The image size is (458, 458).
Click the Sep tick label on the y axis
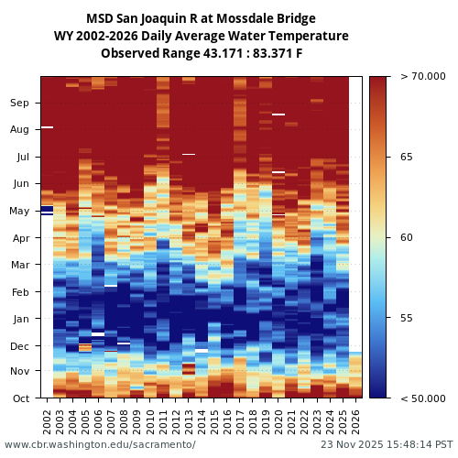[x=20, y=103]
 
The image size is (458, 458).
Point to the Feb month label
[x=20, y=292]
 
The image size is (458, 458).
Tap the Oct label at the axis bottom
[x=20, y=398]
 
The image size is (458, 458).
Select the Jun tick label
[x=20, y=183]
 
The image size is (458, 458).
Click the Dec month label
[x=20, y=346]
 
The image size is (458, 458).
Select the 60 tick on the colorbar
[x=407, y=237]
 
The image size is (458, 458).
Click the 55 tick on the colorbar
[x=407, y=318]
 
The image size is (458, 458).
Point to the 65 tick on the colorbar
[x=407, y=157]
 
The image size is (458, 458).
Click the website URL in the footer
[x=100, y=444]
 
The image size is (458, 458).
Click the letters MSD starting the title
[x=100, y=18]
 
